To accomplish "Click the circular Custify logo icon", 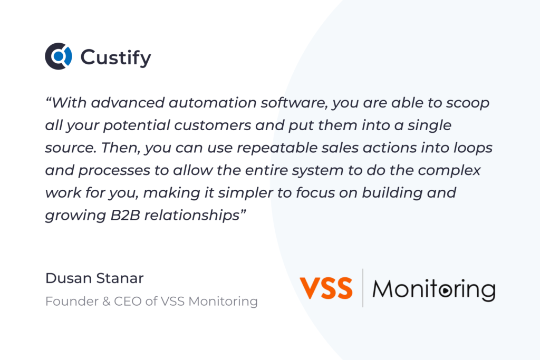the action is pyautogui.click(x=59, y=56).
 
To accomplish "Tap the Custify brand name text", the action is pyautogui.click(x=115, y=57).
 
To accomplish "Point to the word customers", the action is pyautogui.click(x=213, y=125).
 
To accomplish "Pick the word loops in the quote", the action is pyautogui.click(x=472, y=148).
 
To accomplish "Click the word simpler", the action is pyautogui.click(x=246, y=193).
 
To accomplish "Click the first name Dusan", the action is pyautogui.click(x=67, y=278).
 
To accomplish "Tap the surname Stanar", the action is pyautogui.click(x=119, y=278).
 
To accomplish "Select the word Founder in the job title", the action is pyautogui.click(x=72, y=301).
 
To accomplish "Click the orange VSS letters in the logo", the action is pyautogui.click(x=326, y=288).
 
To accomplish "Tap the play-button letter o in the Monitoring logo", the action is pyautogui.click(x=445, y=290).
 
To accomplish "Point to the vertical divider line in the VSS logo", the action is pyautogui.click(x=363, y=288).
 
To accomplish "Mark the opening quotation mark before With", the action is pyautogui.click(x=48, y=99).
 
